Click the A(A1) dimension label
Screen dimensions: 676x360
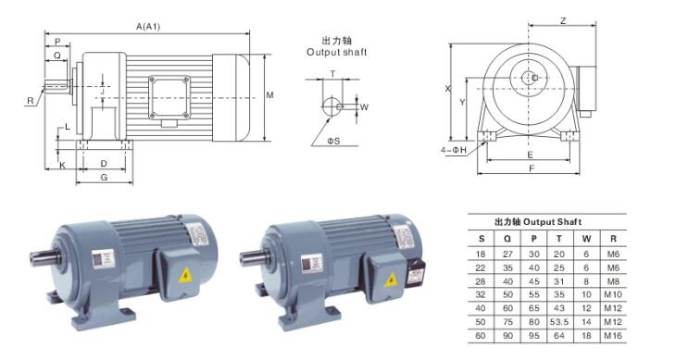(x=148, y=27)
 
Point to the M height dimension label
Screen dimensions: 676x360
(x=269, y=94)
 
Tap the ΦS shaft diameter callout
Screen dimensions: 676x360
(x=333, y=141)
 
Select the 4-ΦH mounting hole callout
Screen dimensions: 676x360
(x=454, y=150)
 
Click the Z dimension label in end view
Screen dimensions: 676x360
(x=563, y=20)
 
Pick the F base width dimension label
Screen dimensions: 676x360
(x=532, y=168)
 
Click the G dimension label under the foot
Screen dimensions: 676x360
(x=104, y=177)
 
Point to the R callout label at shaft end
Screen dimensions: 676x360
(x=31, y=101)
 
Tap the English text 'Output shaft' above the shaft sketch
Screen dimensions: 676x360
(x=337, y=52)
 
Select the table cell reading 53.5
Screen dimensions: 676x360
(x=559, y=322)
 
